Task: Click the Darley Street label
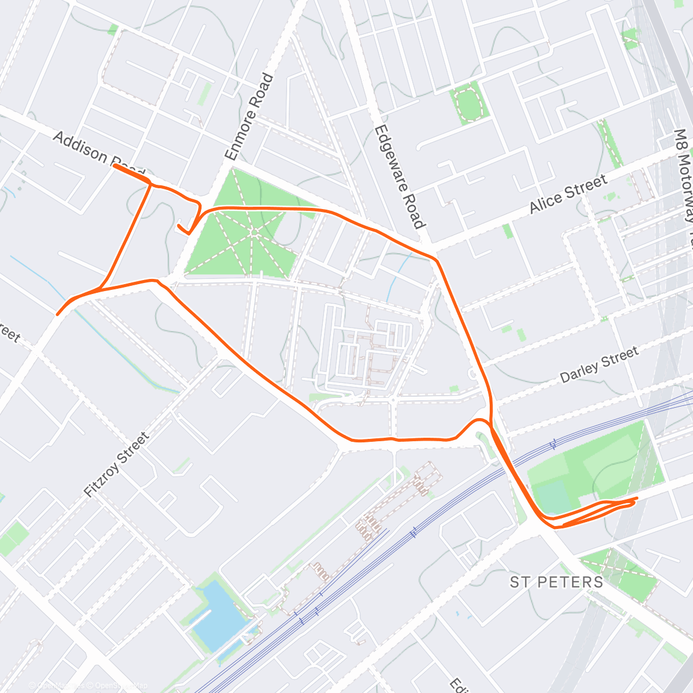tap(599, 364)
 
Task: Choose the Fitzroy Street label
tap(117, 465)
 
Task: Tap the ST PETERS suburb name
tap(556, 582)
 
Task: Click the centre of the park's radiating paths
tap(254, 232)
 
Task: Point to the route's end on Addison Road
tap(114, 166)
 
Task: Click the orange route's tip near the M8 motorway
tap(636, 498)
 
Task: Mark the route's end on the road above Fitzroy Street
tap(57, 314)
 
